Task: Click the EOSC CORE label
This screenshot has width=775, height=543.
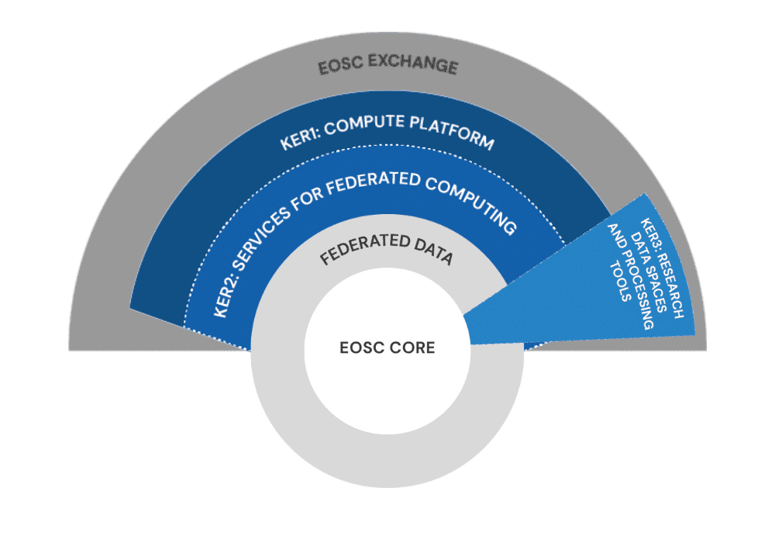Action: click(387, 348)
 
